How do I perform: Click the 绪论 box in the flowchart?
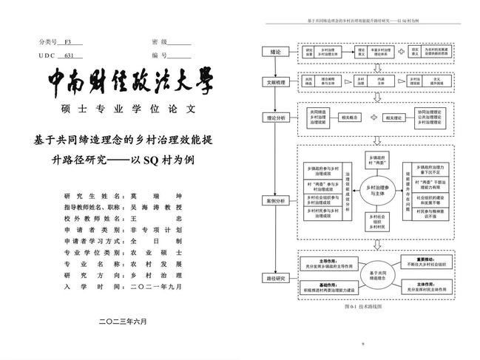[276, 52]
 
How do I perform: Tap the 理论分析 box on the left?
[276, 117]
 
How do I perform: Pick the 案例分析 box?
[276, 200]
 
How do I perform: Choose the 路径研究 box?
[276, 279]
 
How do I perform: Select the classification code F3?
[68, 42]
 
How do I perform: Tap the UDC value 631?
[69, 55]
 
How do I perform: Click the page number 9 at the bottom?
[363, 344]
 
